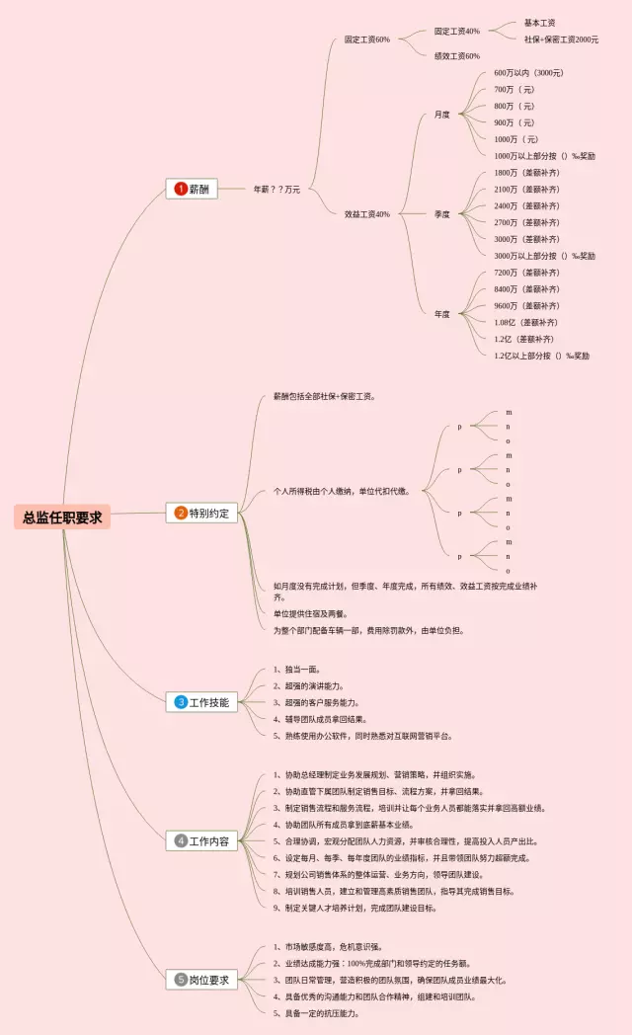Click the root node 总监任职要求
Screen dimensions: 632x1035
coord(62,517)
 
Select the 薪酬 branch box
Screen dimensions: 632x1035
coord(193,189)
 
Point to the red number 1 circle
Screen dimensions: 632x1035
coord(181,189)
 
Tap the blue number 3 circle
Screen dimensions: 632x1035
coord(181,702)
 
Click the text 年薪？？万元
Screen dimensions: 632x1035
coord(276,189)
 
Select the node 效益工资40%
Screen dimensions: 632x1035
coord(367,213)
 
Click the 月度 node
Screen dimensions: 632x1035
coord(442,115)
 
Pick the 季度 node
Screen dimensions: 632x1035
coord(442,213)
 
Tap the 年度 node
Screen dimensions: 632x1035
coord(442,314)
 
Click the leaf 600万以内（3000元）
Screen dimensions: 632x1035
coord(529,72)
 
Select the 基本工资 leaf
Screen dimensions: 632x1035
coord(539,23)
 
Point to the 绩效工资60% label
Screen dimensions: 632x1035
coord(457,55)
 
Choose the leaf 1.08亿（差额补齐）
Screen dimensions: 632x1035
coord(525,322)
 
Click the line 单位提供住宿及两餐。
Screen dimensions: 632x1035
coord(308,613)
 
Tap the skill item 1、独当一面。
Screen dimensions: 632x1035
coord(296,669)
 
